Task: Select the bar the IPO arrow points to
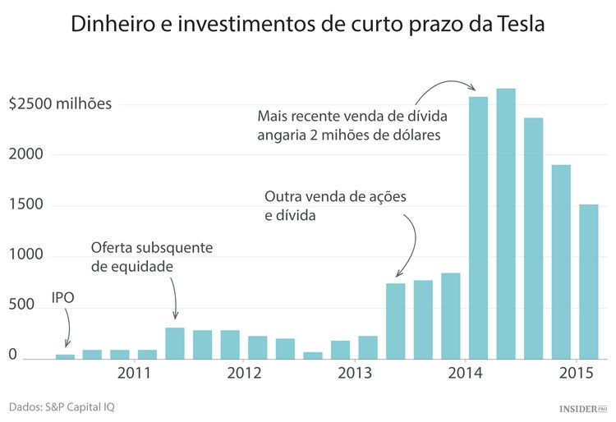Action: click(65, 355)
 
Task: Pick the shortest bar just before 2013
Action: click(313, 355)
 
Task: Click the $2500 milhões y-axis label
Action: click(60, 104)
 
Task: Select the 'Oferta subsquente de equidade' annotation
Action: click(152, 256)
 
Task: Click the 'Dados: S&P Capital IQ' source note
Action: click(64, 406)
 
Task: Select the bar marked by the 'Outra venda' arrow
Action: click(396, 321)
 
